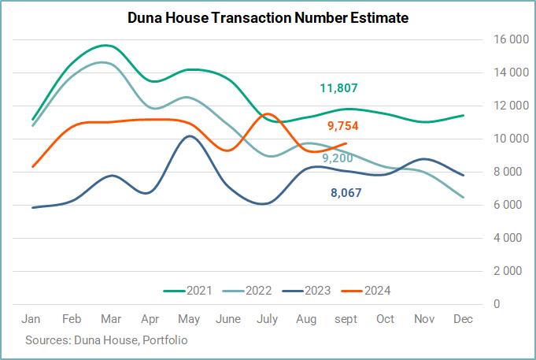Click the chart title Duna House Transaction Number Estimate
click(x=268, y=17)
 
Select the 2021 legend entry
click(x=187, y=291)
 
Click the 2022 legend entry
click(x=247, y=291)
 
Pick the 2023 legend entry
click(x=306, y=291)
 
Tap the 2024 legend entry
click(x=366, y=291)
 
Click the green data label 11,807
click(x=338, y=88)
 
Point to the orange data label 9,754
click(x=343, y=126)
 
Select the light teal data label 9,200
click(x=338, y=158)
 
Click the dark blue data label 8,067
click(x=346, y=193)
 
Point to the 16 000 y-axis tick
click(x=511, y=39)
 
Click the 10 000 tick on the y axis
click(x=511, y=139)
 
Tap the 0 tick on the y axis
click(x=497, y=304)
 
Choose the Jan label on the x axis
click(x=31, y=319)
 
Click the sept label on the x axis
click(x=346, y=320)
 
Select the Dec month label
click(x=463, y=319)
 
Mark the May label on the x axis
click(x=189, y=320)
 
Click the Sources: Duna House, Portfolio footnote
click(x=106, y=340)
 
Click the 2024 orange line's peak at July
click(x=267, y=114)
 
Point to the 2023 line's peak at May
click(x=190, y=136)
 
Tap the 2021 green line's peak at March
click(x=106, y=45)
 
